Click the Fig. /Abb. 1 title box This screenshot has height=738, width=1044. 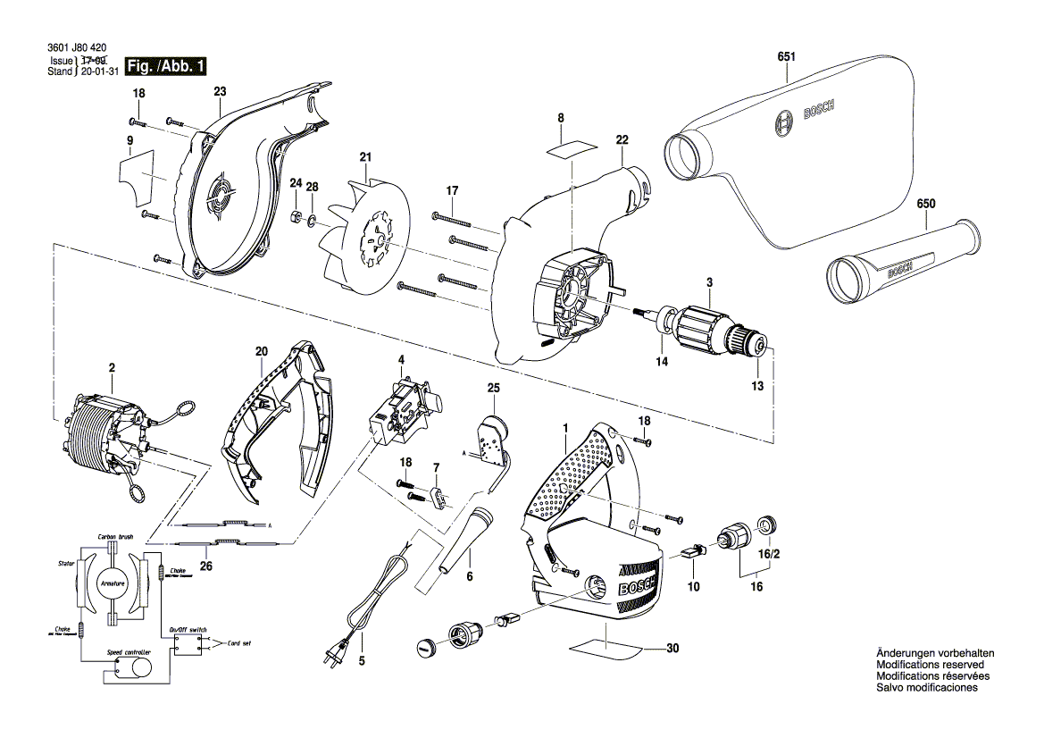(166, 66)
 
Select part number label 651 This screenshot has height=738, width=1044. (787, 55)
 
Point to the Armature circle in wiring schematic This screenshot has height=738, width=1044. (114, 583)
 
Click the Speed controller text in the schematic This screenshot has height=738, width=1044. (129, 653)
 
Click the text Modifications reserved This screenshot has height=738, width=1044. (930, 665)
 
